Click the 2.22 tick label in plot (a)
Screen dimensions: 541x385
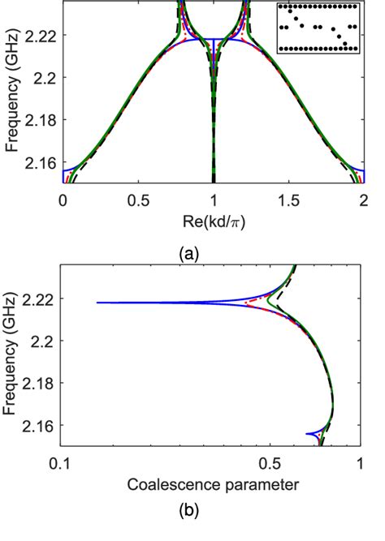(x=42, y=36)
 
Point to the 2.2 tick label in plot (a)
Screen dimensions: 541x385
(x=47, y=78)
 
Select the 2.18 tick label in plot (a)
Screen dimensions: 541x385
(x=42, y=121)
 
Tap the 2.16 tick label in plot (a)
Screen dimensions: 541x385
(x=42, y=163)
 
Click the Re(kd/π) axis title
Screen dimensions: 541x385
(x=213, y=220)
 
